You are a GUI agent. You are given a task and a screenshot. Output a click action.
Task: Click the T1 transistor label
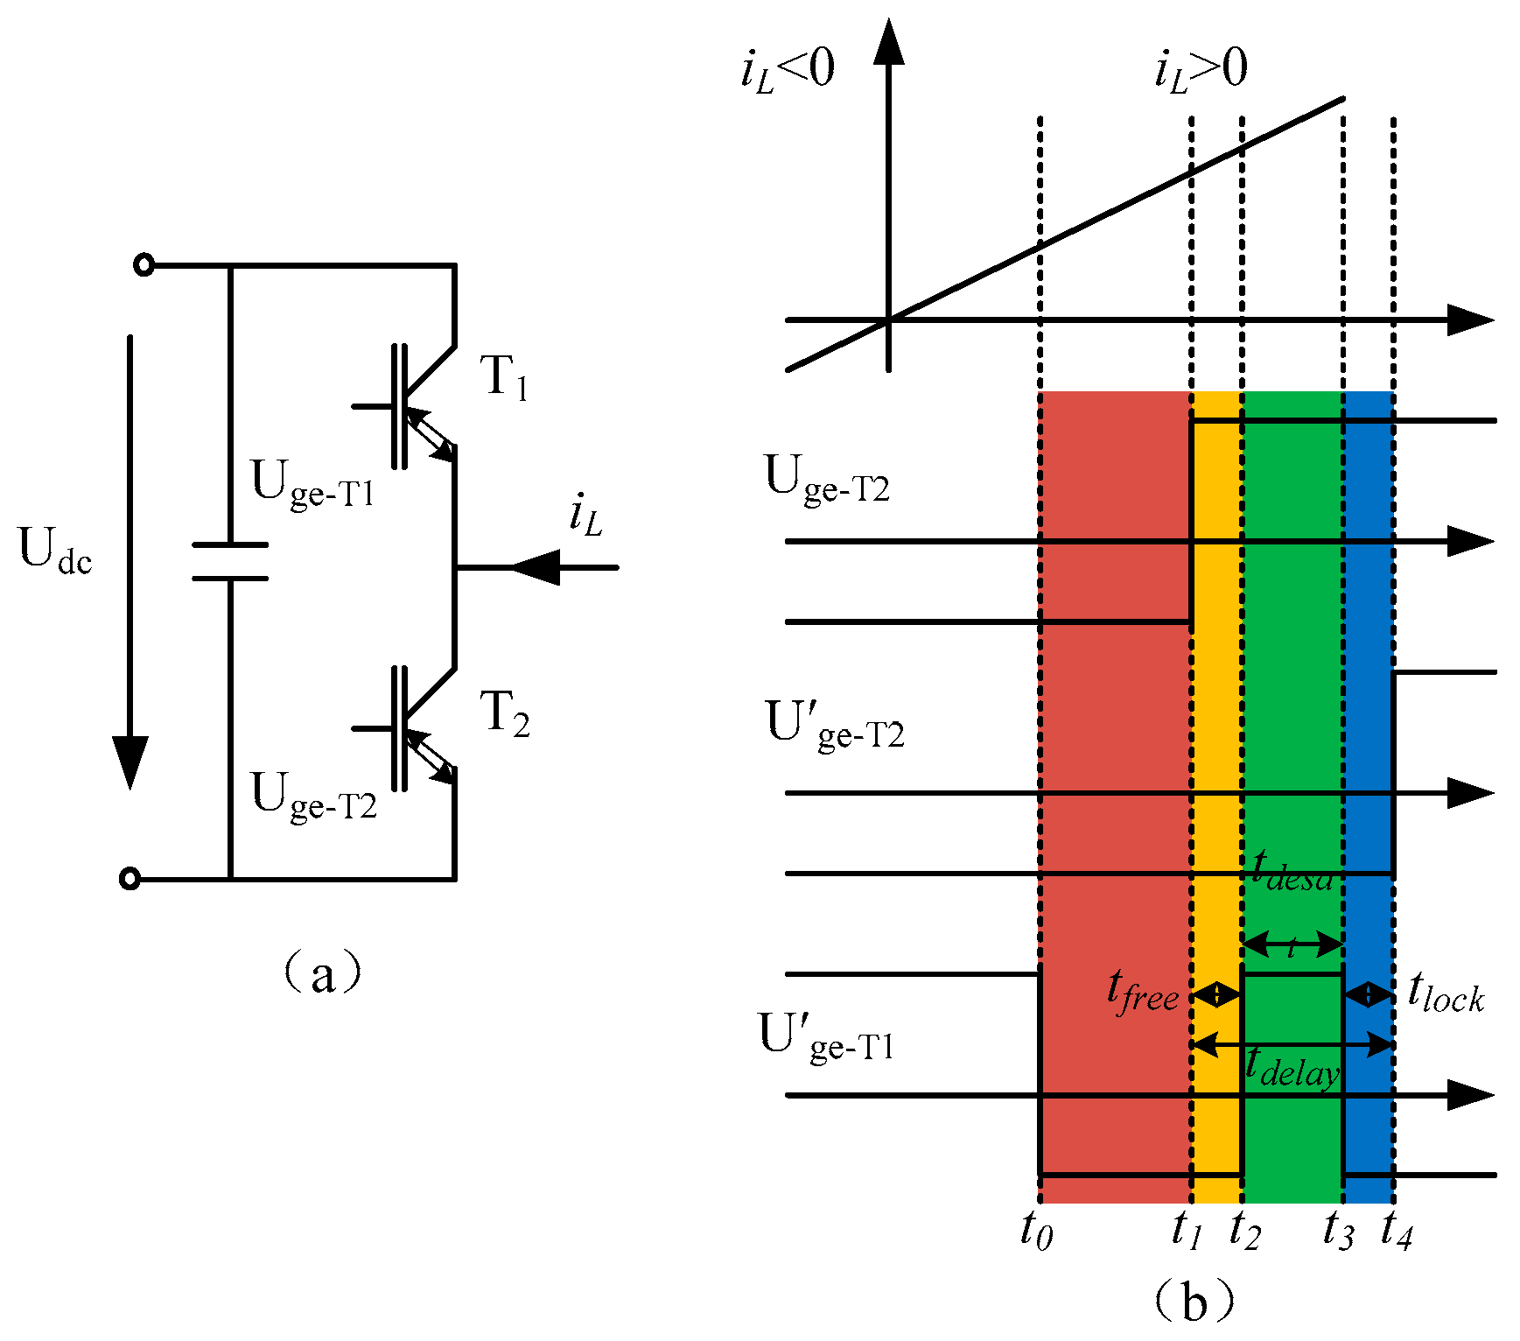click(505, 378)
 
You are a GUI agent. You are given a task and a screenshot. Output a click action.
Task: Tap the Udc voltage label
click(55, 551)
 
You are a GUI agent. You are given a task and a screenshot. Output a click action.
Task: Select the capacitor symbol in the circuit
click(230, 561)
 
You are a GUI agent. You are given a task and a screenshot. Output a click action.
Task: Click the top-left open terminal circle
click(144, 264)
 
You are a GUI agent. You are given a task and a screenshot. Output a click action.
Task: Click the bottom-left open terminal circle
click(130, 879)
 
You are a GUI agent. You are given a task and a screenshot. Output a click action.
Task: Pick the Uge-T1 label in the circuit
click(312, 483)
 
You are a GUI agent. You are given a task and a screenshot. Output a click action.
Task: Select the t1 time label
click(1187, 1229)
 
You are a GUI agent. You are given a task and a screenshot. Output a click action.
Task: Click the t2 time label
click(1243, 1229)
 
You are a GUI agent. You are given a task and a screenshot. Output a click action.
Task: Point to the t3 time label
click(1338, 1229)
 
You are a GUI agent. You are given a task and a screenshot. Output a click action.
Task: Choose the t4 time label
click(1397, 1229)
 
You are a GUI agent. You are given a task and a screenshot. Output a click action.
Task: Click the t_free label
click(1142, 993)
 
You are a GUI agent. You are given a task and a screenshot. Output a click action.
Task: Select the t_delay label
click(1292, 1068)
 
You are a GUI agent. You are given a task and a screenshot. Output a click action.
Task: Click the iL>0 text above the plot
click(1201, 69)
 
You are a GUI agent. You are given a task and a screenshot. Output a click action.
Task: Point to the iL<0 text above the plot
click(788, 69)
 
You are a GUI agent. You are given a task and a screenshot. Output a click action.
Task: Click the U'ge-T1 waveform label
click(826, 1037)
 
